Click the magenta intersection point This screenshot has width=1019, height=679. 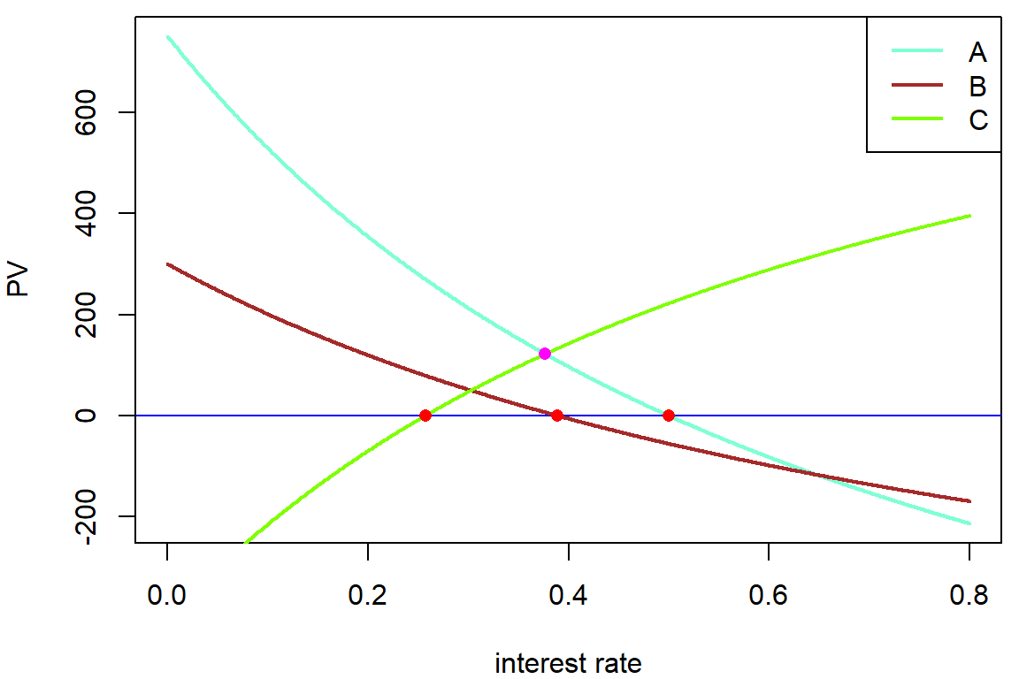click(x=545, y=354)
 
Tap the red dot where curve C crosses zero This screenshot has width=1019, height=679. click(x=425, y=416)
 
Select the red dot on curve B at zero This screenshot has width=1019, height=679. click(x=557, y=416)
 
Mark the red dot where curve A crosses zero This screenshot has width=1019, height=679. click(x=669, y=416)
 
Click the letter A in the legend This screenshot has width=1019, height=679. click(x=977, y=53)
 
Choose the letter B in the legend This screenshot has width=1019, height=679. click(x=977, y=87)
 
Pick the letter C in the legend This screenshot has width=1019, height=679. click(x=977, y=120)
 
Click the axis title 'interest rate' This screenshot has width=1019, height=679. click(x=568, y=663)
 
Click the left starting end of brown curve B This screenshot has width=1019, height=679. click(x=168, y=264)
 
